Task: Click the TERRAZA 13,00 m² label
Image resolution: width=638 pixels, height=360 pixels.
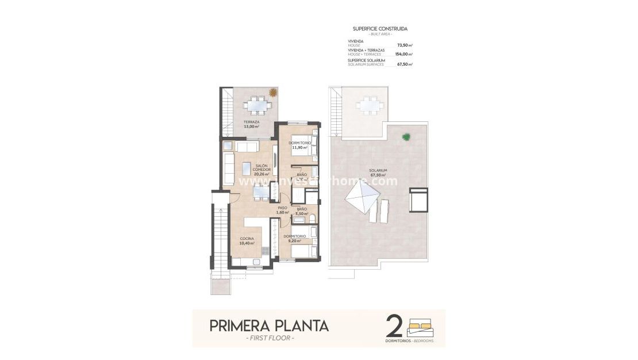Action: [250, 124]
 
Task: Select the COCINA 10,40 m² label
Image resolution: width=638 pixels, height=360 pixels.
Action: [248, 241]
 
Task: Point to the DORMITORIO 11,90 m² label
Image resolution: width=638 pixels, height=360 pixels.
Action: [299, 145]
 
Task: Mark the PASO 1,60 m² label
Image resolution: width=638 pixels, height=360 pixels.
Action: [282, 210]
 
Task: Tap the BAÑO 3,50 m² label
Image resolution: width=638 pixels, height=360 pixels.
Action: [302, 211]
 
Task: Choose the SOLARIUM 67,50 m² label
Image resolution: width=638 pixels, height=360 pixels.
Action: [378, 173]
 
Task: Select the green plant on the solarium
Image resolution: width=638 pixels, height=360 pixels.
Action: [407, 137]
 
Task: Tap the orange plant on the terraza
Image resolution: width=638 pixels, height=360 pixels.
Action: [273, 92]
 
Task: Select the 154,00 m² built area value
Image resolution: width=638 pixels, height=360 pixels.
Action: [404, 54]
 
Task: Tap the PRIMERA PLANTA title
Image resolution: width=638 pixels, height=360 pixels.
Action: [269, 325]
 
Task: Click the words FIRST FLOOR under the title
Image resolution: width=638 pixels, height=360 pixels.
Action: [269, 338]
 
